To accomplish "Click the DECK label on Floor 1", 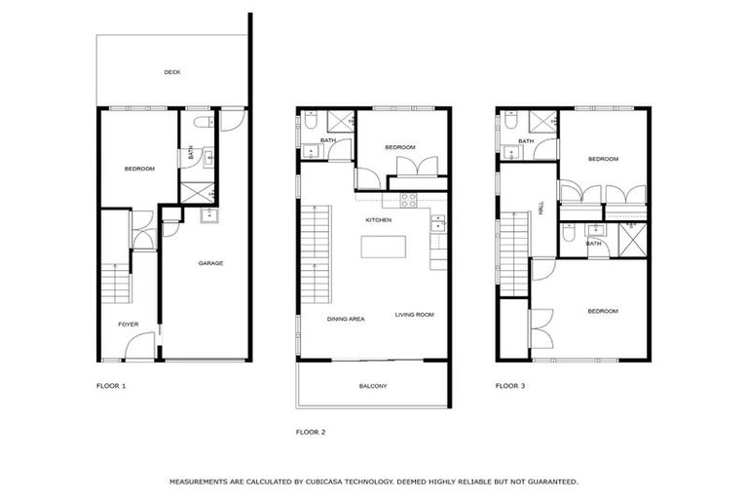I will [172, 72].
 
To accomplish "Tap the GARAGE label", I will [211, 263].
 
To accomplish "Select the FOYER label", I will [129, 324].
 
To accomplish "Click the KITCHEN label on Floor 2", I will [378, 220].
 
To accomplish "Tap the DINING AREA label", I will [346, 319].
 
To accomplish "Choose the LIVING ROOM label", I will [414, 315].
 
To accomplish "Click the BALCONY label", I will [373, 387].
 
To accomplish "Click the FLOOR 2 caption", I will [311, 431].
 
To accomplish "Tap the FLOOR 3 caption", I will [510, 386].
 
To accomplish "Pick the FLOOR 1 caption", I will [111, 386].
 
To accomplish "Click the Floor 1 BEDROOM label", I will [139, 170].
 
